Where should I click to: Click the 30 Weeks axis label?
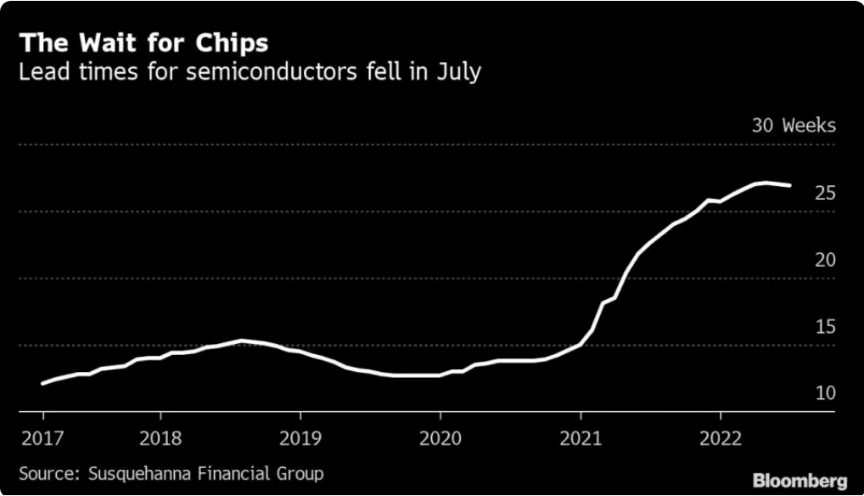(x=794, y=126)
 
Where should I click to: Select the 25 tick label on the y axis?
(x=825, y=194)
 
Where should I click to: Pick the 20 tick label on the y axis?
(x=825, y=260)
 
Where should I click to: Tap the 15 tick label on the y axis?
(x=825, y=327)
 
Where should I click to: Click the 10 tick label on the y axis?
(x=825, y=393)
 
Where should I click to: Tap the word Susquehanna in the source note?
(x=135, y=473)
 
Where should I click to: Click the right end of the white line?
(x=791, y=185)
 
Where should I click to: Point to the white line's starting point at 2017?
(x=42, y=383)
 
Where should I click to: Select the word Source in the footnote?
(x=44, y=473)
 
